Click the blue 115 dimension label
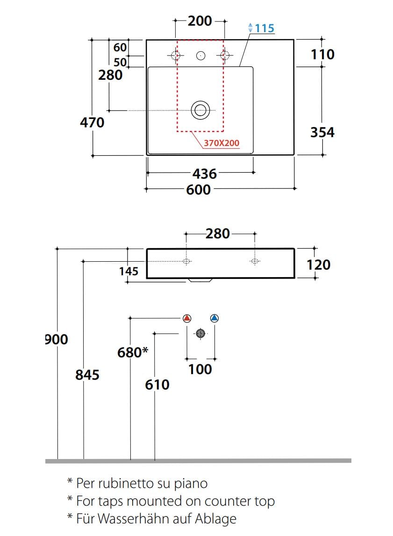point(264,28)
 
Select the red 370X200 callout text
point(222,143)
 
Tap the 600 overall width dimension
point(198,189)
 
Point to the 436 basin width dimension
point(205,174)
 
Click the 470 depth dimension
point(92,123)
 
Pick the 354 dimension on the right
point(322,132)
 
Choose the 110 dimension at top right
point(322,55)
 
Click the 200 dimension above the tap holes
point(200,21)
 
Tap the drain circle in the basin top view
point(200,110)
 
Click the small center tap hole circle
point(201,56)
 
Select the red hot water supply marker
point(187,319)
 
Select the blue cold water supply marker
point(214,319)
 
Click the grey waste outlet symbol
point(200,333)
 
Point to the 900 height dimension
point(57,339)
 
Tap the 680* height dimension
point(132,352)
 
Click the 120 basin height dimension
point(318,265)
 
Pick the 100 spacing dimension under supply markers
point(200,369)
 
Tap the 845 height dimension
point(87,374)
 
